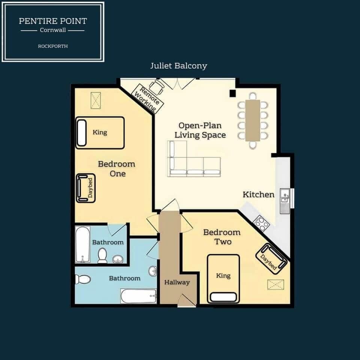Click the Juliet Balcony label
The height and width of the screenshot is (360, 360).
tap(178, 66)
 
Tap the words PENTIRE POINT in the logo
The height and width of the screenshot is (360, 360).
tap(52, 21)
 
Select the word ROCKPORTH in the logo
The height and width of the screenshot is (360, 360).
tap(52, 46)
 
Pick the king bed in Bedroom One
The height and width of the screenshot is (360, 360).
tap(100, 133)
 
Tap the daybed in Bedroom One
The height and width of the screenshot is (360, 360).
tap(85, 188)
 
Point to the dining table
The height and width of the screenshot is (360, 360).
tap(253, 120)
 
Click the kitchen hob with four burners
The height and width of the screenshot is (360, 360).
tap(261, 223)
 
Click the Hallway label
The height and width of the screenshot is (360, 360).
tap(177, 282)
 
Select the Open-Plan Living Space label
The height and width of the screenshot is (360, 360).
tap(202, 130)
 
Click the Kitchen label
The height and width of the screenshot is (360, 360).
tap(258, 194)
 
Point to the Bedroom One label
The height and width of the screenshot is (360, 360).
tap(117, 169)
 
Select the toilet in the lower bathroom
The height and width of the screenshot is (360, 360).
tap(82, 279)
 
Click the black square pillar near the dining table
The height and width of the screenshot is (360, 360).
tap(233, 93)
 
